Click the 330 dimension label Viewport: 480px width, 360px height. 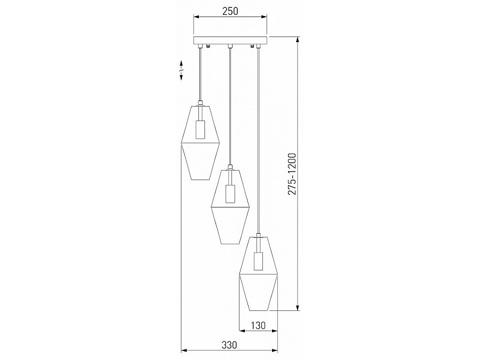point(229,345)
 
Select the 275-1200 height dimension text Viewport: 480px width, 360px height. point(292,175)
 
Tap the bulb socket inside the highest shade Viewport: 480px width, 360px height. point(200,130)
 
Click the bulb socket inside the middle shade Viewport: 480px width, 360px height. point(230,193)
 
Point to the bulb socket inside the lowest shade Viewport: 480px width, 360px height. point(258,262)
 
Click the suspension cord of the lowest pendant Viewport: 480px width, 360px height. point(258,139)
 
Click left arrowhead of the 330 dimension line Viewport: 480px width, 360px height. point(184,350)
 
